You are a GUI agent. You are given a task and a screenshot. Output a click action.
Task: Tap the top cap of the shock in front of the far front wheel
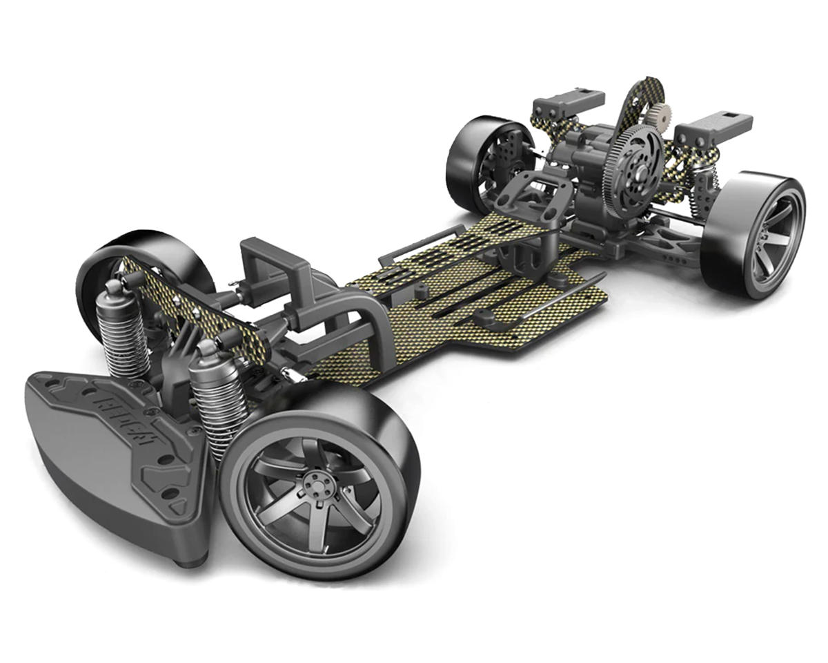tap(115, 287)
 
